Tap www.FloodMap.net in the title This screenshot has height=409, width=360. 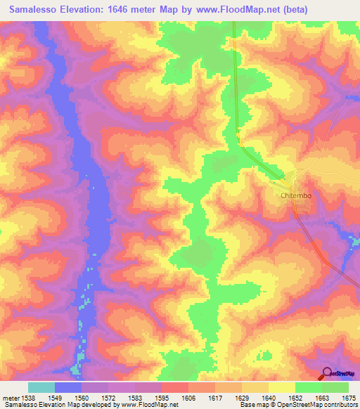click(x=240, y=10)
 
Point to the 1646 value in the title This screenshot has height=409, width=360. click(x=132, y=10)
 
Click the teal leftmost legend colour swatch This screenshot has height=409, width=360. click(x=41, y=387)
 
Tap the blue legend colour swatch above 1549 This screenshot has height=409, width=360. click(x=68, y=387)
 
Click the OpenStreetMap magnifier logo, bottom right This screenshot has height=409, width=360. click(x=327, y=372)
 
